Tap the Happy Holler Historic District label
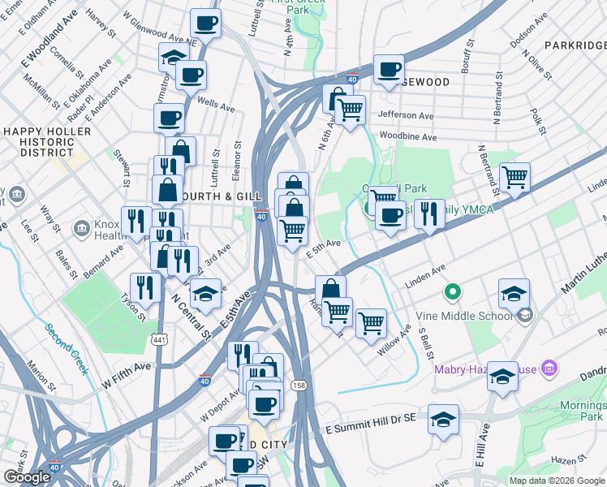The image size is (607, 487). pos(48,141)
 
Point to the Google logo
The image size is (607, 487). pos(27,478)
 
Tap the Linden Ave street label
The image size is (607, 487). pos(427,270)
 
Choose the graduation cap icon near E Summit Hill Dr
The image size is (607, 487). pos(443,420)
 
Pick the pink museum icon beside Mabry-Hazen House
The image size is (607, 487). pos(549,369)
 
